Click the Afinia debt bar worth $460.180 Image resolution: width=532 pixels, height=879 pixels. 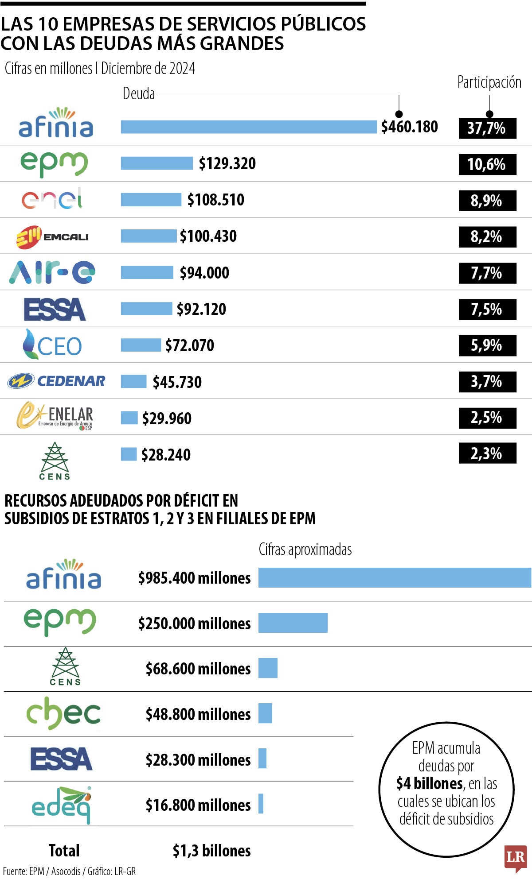pyautogui.click(x=248, y=127)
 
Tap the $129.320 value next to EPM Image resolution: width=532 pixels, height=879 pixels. pyautogui.click(x=227, y=163)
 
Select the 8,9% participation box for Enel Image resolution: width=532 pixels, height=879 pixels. pyautogui.click(x=487, y=201)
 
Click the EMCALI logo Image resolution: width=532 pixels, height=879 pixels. pyautogui.click(x=53, y=236)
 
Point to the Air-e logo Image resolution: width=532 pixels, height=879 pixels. pyautogui.click(x=52, y=272)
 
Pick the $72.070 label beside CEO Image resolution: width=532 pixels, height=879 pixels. pyautogui.click(x=189, y=345)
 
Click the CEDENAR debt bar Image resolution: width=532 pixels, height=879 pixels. pyautogui.click(x=133, y=381)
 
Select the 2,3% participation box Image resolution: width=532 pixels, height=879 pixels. pyautogui.click(x=487, y=453)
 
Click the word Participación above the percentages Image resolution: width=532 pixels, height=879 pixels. pyautogui.click(x=489, y=82)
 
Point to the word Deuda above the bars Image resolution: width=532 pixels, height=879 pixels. pyautogui.click(x=139, y=94)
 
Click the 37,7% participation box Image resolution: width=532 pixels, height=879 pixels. pyautogui.click(x=487, y=128)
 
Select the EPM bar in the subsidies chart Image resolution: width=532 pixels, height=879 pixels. pyautogui.click(x=293, y=623)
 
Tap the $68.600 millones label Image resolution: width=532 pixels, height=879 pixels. pyautogui.click(x=198, y=669)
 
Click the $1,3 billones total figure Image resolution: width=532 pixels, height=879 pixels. pyautogui.click(x=211, y=851)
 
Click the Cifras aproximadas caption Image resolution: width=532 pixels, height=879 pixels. pyautogui.click(x=305, y=550)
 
